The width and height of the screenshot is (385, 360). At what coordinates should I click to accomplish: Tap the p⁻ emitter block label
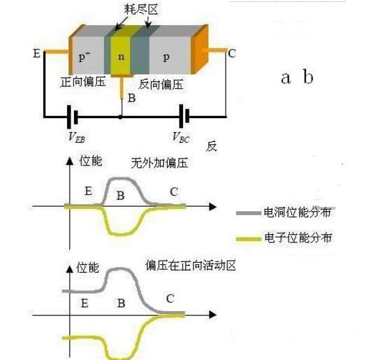point(85,55)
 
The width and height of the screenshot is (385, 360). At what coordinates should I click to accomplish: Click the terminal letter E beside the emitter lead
point(36,52)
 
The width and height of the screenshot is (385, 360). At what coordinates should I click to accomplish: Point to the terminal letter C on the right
point(231,52)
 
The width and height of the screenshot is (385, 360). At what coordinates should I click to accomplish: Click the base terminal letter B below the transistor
point(131,99)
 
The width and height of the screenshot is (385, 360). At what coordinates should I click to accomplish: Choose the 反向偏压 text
point(161,84)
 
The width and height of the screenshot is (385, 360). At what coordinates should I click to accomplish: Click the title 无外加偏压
point(160,164)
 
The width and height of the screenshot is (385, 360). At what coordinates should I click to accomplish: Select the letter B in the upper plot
point(122,196)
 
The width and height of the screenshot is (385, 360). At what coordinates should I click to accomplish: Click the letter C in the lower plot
point(170,299)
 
